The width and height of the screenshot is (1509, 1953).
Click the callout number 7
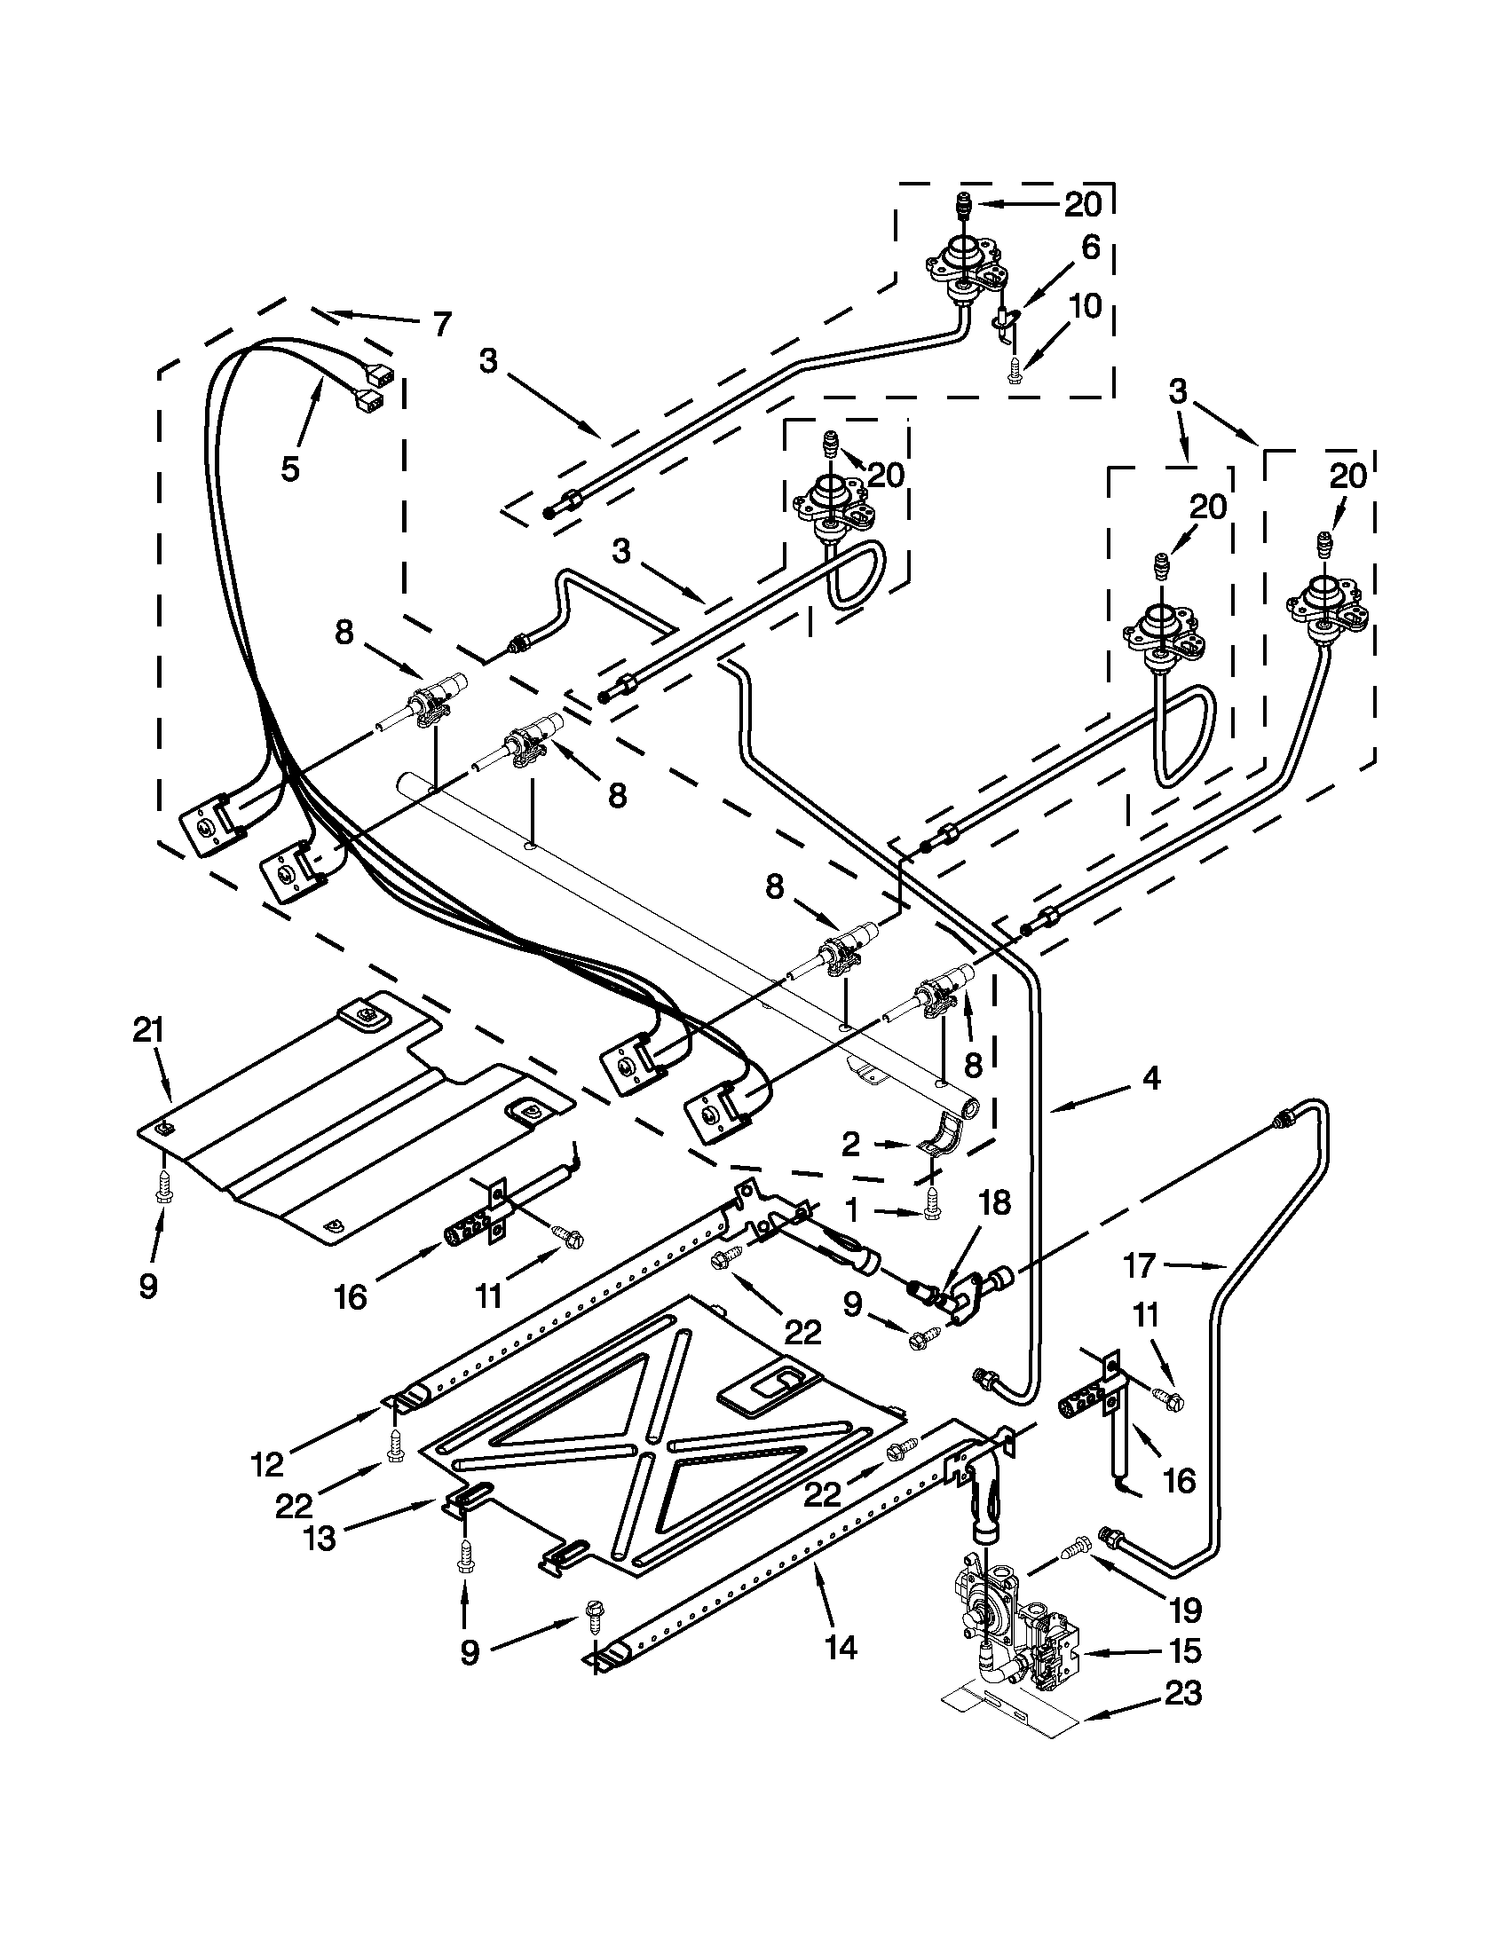click(441, 324)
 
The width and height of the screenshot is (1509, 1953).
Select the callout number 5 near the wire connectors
click(289, 468)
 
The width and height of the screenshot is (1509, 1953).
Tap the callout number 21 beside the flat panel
click(148, 1031)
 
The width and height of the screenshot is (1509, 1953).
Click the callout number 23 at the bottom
click(1182, 1694)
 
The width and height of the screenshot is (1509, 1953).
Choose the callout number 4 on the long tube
click(1152, 1079)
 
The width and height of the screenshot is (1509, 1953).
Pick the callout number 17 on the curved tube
click(1140, 1265)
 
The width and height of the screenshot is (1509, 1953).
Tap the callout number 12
click(268, 1463)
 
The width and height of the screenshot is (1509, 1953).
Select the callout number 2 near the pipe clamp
click(850, 1143)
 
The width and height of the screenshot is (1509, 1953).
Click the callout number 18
click(995, 1202)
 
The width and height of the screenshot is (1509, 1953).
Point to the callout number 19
click(1186, 1610)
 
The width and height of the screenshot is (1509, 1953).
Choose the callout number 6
click(1090, 248)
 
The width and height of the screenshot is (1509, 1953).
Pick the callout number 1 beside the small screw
click(851, 1211)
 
